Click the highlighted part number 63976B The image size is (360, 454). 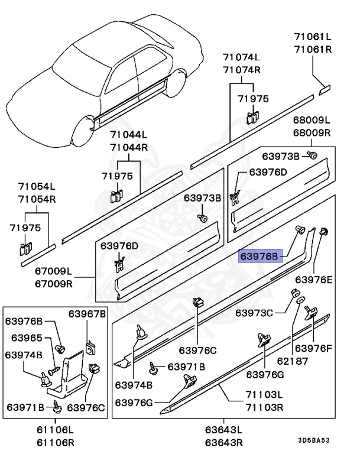pos(261,257)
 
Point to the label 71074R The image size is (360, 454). pos(241,70)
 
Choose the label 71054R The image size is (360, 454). pos(37,199)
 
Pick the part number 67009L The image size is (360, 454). pos(52,271)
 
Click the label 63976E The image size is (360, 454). pos(314,278)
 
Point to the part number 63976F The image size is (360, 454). pos(314,348)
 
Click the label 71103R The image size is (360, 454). pos(264,407)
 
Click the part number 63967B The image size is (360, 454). pos(86,313)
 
